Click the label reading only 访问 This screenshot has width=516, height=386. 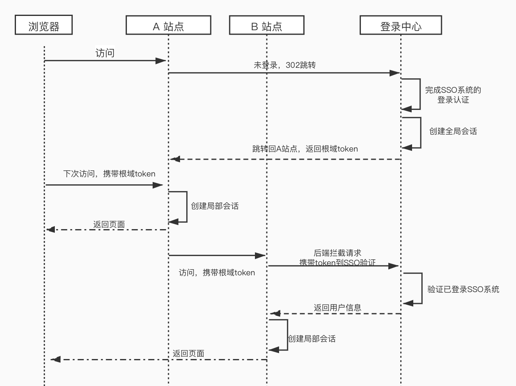tap(105, 53)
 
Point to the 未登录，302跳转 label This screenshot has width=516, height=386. tap(284, 65)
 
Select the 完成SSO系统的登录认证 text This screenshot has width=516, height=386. tap(453, 95)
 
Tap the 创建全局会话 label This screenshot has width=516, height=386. tap(453, 132)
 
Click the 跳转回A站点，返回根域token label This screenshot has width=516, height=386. tap(305, 149)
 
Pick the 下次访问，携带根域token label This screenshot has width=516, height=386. tap(109, 174)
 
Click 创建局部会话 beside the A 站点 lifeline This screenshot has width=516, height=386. tap(214, 206)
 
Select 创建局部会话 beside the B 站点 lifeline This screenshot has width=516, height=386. tap(311, 339)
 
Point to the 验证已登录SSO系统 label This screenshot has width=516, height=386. tap(463, 290)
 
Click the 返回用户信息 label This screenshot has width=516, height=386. tap(337, 308)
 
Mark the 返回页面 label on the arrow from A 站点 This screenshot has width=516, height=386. tap(109, 224)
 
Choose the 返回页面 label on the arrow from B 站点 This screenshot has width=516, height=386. tap(188, 354)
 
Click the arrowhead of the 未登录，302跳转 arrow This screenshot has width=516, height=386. tap(395, 73)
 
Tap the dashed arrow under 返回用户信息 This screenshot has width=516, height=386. tap(336, 314)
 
